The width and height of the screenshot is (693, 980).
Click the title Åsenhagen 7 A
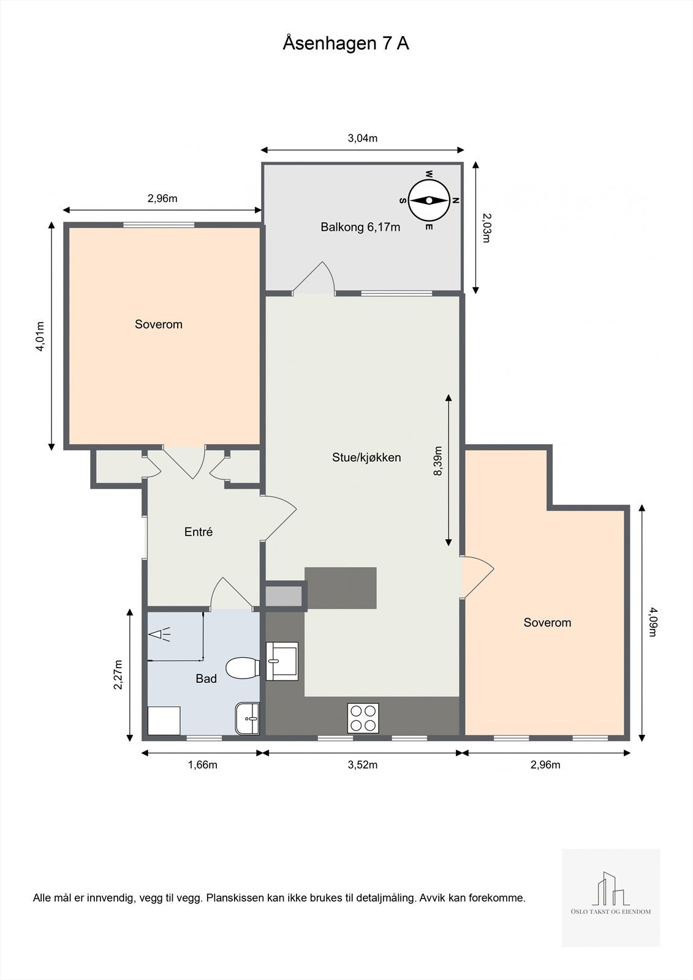click(x=346, y=43)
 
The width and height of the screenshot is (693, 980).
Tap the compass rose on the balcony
click(x=429, y=200)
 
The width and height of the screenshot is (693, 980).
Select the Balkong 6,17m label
click(x=360, y=227)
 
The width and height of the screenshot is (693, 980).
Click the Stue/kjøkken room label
click(x=366, y=458)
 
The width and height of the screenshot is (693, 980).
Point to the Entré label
click(x=199, y=532)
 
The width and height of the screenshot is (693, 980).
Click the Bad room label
click(x=206, y=679)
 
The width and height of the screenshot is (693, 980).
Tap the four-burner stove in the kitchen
click(x=363, y=718)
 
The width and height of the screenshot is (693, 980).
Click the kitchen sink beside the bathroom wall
click(x=282, y=661)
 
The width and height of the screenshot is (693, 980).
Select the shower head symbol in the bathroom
click(x=159, y=635)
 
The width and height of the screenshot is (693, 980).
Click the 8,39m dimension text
click(x=437, y=461)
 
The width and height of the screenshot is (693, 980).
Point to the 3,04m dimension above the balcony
click(x=363, y=138)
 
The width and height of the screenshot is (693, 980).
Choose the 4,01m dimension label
click(x=40, y=336)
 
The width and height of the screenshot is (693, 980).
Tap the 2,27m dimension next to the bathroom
click(x=118, y=674)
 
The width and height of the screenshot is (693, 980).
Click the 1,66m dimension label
click(x=203, y=765)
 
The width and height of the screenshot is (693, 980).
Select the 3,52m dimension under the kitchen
click(x=363, y=765)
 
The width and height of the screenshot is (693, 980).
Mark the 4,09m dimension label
click(x=653, y=622)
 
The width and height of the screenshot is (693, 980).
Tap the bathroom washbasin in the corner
click(x=248, y=718)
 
